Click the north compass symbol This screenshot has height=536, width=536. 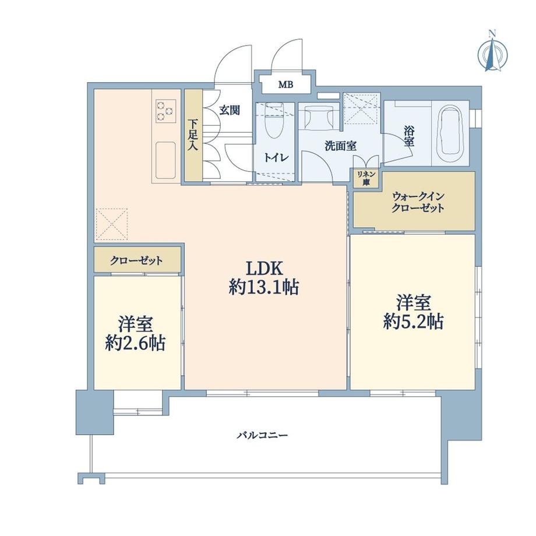pyautogui.click(x=492, y=54)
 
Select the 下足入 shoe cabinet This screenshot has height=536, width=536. pyautogui.click(x=193, y=135)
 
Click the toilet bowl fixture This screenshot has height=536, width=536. pyautogui.click(x=273, y=120)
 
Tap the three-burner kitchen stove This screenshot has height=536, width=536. pyautogui.click(x=165, y=111)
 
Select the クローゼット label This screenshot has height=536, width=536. pyautogui.click(x=137, y=260)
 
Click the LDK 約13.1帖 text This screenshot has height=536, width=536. pyautogui.click(x=264, y=277)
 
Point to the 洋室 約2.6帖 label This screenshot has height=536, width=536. pyautogui.click(x=135, y=333)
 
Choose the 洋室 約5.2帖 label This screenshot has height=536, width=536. pyautogui.click(x=414, y=312)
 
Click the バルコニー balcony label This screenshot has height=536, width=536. pyautogui.click(x=262, y=435)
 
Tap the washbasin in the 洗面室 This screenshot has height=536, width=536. pyautogui.click(x=318, y=115)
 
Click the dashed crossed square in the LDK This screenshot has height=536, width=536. pyautogui.click(x=112, y=223)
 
